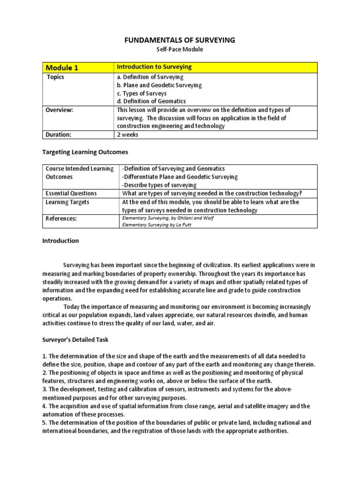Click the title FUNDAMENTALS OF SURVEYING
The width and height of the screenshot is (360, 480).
coord(180,40)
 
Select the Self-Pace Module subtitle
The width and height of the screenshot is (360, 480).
coord(180,49)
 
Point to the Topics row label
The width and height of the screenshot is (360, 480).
coord(55,77)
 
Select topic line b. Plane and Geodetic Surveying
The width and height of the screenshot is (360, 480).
coord(159,85)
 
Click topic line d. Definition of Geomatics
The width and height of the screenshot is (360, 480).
coord(151,101)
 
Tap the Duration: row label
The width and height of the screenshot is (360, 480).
coord(59,135)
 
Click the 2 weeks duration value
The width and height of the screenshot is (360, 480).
coord(127,135)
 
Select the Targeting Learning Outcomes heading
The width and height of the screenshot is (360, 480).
coord(85,152)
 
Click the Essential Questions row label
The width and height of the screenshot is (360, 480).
coord(71,194)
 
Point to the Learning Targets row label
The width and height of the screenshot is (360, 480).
coord(67,202)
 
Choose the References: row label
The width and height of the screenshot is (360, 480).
coord(61,218)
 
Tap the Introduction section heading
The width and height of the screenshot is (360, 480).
coord(60,241)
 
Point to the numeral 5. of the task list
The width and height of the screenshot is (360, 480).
coord(45,423)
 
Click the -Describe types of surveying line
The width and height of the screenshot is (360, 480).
coord(159,185)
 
